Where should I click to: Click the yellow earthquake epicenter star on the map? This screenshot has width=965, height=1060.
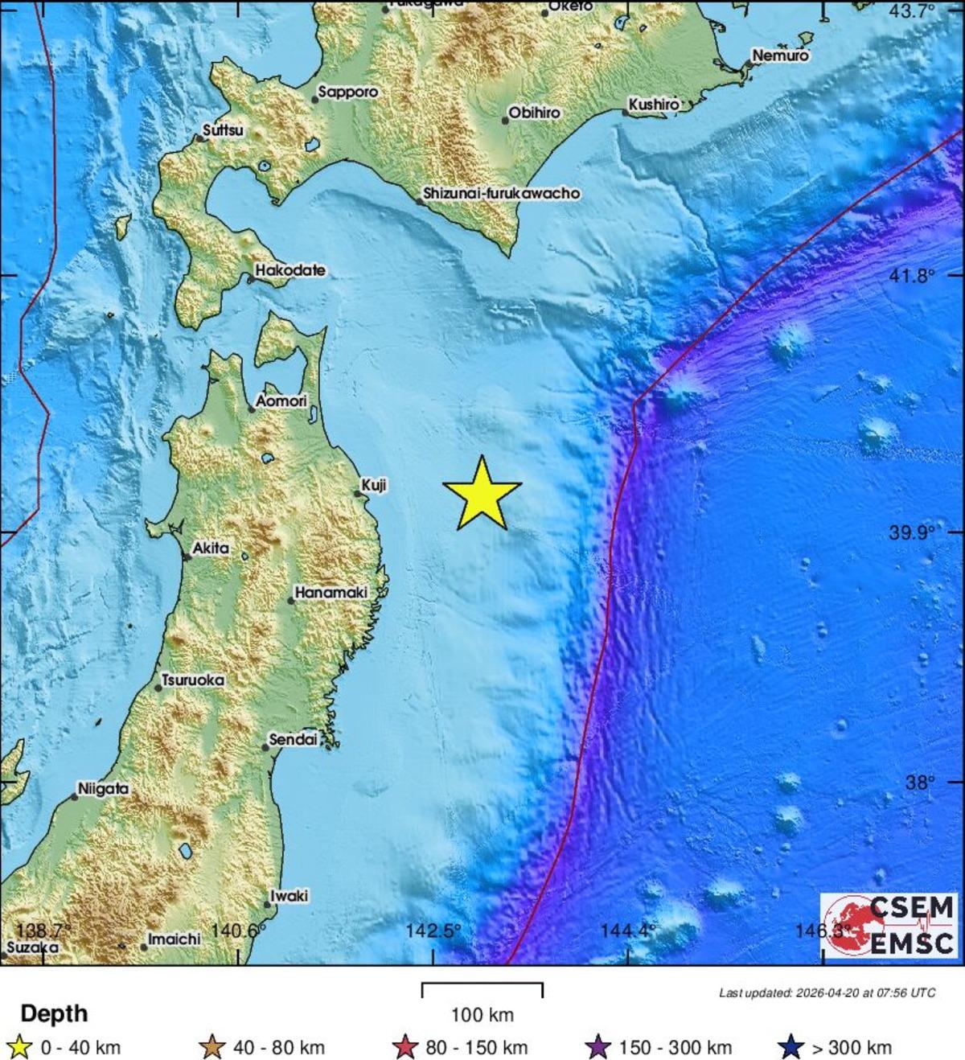(482, 495)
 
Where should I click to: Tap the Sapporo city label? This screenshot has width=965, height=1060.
(347, 92)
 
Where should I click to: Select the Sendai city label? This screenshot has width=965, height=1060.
(293, 739)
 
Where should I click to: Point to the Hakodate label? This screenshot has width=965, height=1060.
(290, 270)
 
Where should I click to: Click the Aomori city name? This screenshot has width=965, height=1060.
(281, 400)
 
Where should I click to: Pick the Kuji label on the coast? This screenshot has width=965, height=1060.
(374, 485)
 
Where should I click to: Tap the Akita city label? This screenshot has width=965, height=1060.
(211, 548)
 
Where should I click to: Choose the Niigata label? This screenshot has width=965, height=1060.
(103, 789)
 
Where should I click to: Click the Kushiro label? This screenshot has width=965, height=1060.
(654, 104)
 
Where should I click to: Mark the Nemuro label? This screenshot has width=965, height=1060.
(780, 55)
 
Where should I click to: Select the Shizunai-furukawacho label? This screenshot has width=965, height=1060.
(501, 193)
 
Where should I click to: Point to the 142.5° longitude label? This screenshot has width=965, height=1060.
(433, 931)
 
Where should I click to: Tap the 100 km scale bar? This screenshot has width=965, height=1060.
(482, 990)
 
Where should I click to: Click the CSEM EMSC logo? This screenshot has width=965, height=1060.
(889, 925)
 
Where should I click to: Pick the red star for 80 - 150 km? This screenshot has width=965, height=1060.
(407, 1047)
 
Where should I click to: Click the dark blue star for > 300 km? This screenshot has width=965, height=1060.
(793, 1047)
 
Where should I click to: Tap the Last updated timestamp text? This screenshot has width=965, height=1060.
(827, 992)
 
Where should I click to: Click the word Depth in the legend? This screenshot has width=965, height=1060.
(54, 1013)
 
